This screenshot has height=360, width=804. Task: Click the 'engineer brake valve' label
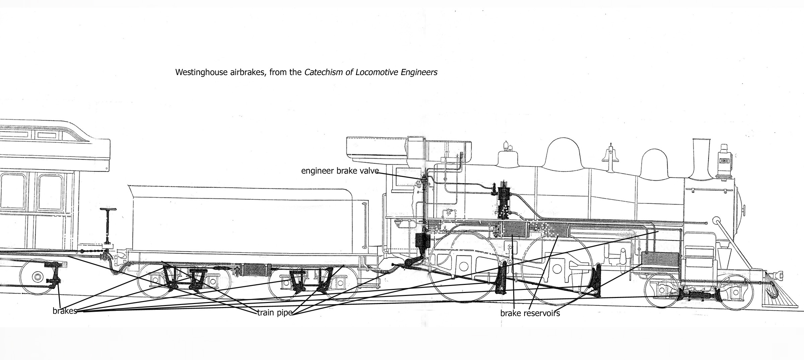[340, 171]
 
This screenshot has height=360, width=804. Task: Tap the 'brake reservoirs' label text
[530, 313]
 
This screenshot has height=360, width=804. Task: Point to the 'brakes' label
[65, 311]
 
